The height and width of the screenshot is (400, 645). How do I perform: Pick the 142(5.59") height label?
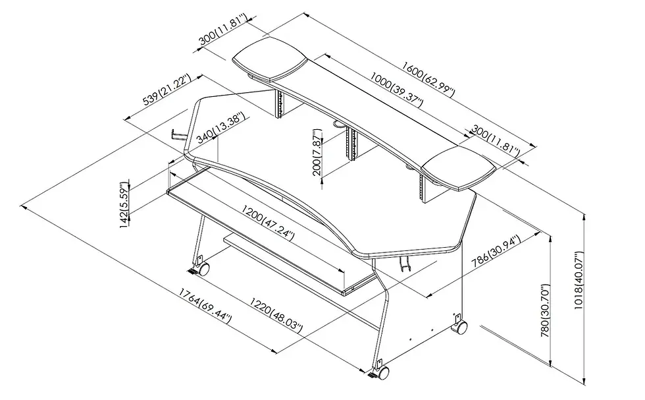[124, 205]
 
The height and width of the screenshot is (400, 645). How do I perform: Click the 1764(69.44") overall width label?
[205, 306]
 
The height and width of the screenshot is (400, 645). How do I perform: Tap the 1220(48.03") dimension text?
[275, 316]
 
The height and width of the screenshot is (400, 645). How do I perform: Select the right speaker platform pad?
[460, 171]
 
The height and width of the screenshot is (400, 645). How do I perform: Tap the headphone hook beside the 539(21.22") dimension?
[177, 134]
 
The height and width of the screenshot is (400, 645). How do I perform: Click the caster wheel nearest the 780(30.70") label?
[461, 326]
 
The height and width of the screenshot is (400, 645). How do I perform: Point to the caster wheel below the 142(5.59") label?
[202, 269]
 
